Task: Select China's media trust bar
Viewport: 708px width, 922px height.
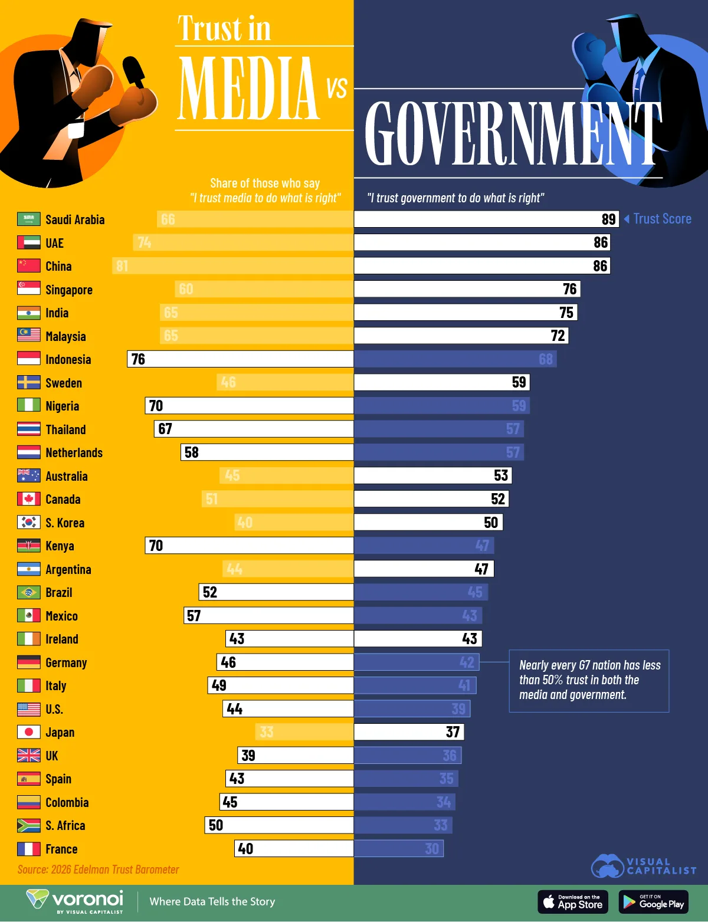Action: [233, 266]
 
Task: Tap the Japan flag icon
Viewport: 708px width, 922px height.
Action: [28, 732]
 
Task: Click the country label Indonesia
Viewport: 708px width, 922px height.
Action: [68, 360]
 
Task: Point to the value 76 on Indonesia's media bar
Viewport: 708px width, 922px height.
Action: [138, 359]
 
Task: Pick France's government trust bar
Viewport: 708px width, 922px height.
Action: [398, 849]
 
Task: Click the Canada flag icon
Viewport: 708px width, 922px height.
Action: [28, 499]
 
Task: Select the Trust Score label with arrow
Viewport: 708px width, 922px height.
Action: [658, 219]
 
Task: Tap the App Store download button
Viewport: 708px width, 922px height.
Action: [573, 902]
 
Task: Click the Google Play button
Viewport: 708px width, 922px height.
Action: [654, 902]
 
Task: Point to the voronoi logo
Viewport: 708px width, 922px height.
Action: [76, 901]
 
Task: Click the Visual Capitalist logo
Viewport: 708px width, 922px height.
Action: [643, 866]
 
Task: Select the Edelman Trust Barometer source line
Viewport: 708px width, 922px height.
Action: [98, 869]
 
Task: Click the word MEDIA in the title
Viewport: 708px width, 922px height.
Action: [248, 88]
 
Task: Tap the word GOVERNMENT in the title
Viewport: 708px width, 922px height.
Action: [512, 134]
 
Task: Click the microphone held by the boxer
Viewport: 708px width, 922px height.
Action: [133, 71]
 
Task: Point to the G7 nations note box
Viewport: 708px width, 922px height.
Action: [589, 680]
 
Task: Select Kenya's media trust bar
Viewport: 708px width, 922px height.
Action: [249, 546]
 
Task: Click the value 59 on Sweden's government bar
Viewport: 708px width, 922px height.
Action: [519, 382]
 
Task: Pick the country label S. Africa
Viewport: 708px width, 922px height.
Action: [65, 826]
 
